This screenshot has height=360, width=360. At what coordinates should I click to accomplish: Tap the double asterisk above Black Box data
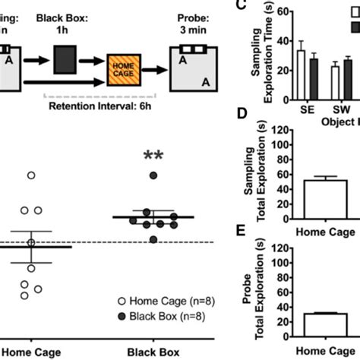(154, 158)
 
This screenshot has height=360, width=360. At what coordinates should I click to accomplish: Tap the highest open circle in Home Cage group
(31, 175)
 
